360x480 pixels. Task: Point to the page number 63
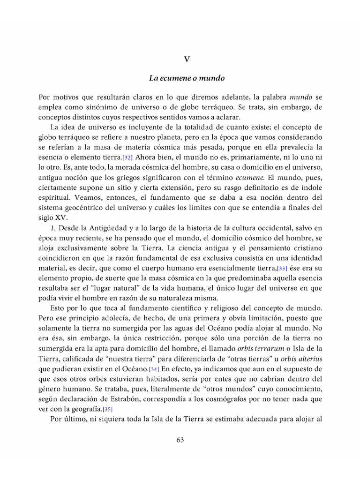tap(180, 440)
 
